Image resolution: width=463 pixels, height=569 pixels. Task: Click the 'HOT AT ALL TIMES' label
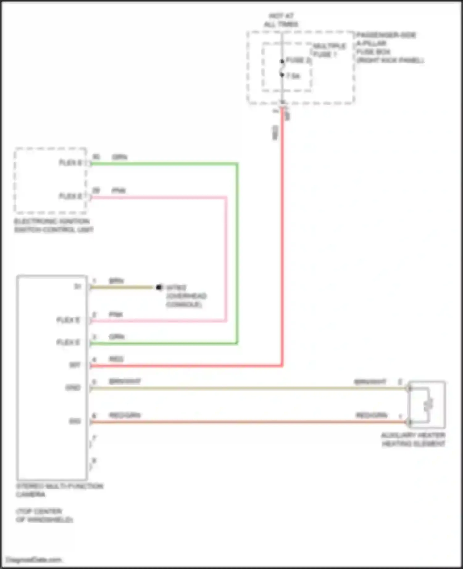click(281, 20)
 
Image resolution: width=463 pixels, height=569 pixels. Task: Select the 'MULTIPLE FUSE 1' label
click(329, 50)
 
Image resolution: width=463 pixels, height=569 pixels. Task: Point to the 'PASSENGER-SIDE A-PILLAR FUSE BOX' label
click(390, 47)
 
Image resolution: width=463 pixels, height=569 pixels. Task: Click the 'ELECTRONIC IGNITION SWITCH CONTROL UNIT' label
click(53, 225)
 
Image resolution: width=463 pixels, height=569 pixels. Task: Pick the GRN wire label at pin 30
click(119, 157)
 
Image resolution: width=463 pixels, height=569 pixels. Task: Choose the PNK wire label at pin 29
click(119, 190)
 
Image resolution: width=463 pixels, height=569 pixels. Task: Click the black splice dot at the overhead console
click(159, 287)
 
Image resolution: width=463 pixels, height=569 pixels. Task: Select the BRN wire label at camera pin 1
click(116, 281)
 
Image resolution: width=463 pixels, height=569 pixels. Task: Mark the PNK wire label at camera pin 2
click(116, 314)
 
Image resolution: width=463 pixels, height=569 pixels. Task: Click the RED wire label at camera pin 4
click(116, 359)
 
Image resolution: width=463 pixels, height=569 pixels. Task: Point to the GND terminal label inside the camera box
click(73, 387)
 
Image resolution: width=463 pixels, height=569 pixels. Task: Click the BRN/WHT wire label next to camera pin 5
click(125, 381)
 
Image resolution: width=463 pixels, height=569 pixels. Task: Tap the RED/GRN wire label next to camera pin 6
click(125, 415)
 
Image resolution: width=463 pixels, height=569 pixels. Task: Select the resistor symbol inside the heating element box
click(428, 404)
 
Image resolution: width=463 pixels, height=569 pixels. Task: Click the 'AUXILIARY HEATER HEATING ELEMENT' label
click(413, 439)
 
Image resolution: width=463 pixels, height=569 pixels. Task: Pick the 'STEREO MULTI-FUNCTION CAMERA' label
click(59, 490)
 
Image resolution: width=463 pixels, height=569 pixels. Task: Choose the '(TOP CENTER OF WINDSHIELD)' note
click(44, 515)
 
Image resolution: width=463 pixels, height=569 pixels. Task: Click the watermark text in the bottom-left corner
click(34, 559)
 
